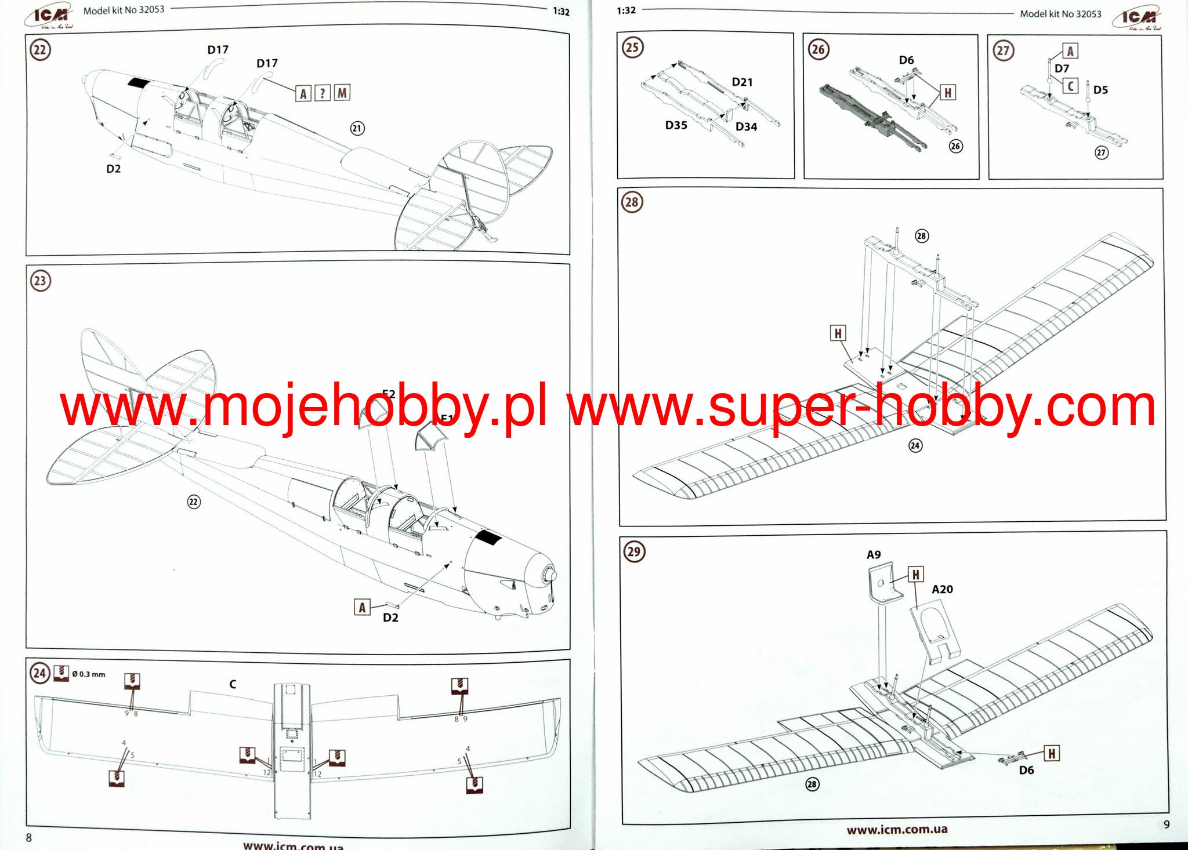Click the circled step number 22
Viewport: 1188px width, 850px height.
(40, 50)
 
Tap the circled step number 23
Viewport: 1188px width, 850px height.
(40, 281)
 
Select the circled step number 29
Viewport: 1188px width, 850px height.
(633, 551)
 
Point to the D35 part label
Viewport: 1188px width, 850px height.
(676, 125)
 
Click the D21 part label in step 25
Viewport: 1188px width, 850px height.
(742, 82)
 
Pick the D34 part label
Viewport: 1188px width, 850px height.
(746, 127)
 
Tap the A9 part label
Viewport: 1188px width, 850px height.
(874, 555)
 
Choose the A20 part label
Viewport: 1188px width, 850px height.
(942, 590)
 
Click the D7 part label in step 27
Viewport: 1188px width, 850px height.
(1062, 68)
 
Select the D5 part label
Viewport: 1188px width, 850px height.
(1100, 90)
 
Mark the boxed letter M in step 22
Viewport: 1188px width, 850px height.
(342, 93)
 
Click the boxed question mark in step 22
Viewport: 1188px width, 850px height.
(323, 93)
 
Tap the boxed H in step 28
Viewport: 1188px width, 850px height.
(837, 333)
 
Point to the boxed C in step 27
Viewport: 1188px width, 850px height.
(1070, 86)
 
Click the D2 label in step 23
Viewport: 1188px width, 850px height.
(390, 618)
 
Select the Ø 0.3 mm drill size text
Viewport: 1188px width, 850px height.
(89, 674)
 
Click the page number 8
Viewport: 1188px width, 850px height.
(29, 838)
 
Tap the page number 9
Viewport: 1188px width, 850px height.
(1167, 824)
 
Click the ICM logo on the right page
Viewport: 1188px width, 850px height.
(1137, 19)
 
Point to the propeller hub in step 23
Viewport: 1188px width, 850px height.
(548, 575)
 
